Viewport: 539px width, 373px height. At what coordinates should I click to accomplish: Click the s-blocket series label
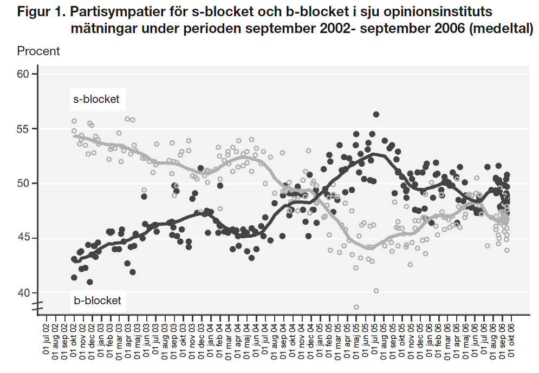click(x=96, y=100)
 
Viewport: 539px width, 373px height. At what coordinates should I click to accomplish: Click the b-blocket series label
click(x=97, y=300)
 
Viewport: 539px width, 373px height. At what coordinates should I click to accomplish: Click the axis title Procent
click(x=38, y=51)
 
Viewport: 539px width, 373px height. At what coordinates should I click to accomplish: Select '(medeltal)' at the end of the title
click(x=502, y=29)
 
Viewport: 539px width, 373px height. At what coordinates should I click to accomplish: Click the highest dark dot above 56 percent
click(x=376, y=114)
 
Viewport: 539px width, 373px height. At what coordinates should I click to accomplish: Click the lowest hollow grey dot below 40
click(x=356, y=307)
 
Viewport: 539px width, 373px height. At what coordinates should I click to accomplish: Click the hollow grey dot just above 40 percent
click(x=376, y=291)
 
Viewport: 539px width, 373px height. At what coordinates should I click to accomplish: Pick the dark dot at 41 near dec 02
click(x=90, y=282)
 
